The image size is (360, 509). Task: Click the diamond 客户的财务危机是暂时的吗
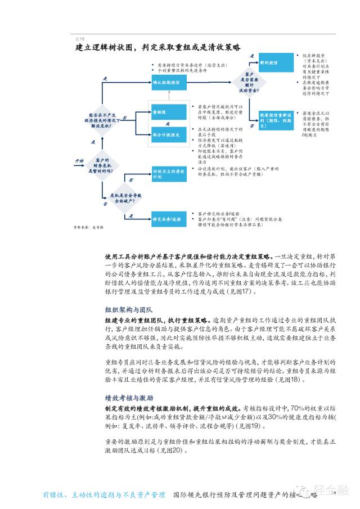pos(101,162)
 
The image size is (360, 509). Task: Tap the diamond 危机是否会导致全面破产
pos(125,195)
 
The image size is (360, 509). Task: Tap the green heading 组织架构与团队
pos(129,310)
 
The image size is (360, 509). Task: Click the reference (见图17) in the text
pos(244,292)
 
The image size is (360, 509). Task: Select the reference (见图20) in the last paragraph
pos(171,451)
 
